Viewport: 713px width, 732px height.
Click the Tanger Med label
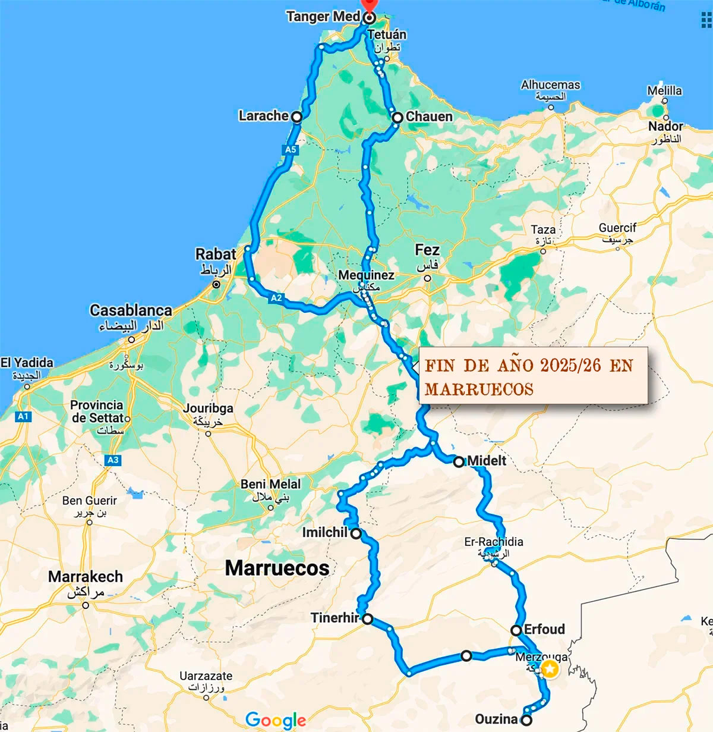tap(323, 16)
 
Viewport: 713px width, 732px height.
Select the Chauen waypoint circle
tap(397, 118)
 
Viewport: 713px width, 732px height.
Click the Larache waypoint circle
tap(296, 117)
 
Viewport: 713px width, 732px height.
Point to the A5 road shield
tap(291, 150)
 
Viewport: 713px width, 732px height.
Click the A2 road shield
tap(276, 298)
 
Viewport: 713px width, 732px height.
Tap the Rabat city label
tap(216, 255)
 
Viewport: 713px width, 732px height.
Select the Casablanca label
tap(131, 310)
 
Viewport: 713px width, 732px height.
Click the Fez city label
tap(427, 250)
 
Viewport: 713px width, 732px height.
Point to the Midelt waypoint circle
tap(459, 461)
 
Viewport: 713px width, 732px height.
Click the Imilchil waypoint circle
tap(356, 533)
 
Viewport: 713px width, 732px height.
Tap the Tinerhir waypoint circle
tap(368, 619)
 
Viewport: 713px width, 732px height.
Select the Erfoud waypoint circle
tap(516, 630)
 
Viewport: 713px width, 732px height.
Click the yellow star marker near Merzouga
tap(550, 670)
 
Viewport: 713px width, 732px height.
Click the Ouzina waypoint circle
tap(526, 720)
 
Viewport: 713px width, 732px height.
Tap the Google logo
tap(276, 720)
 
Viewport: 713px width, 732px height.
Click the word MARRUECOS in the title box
tap(479, 389)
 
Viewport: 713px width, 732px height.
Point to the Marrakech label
tap(86, 577)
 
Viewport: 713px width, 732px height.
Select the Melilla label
tap(664, 91)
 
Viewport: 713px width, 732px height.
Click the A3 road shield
tap(113, 460)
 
